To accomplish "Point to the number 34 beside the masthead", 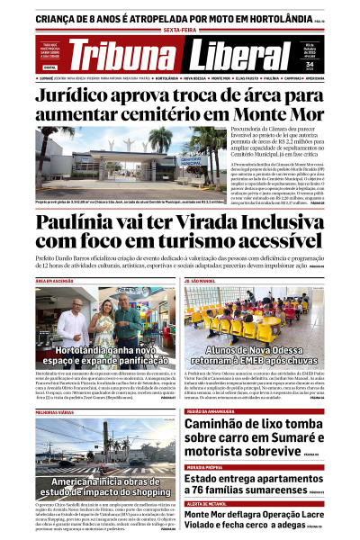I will [x=335, y=64].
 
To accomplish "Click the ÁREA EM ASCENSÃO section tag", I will [x=57, y=281].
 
